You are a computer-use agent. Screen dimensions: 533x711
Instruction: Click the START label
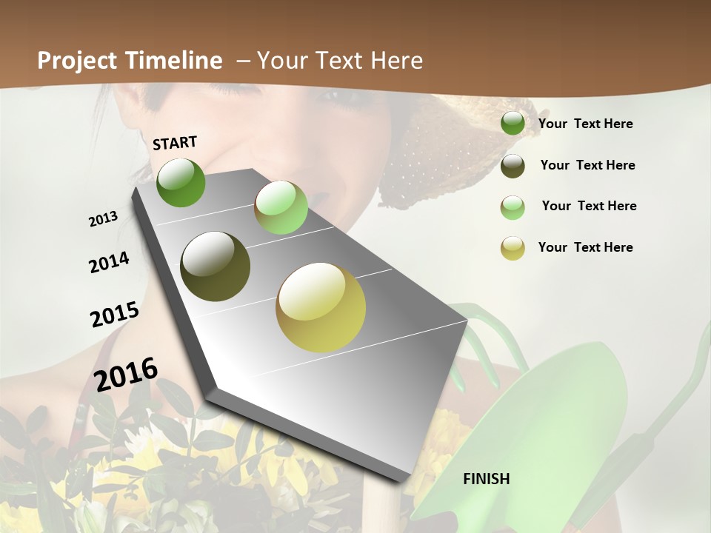pos(175,142)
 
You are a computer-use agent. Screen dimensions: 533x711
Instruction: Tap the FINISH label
pos(487,479)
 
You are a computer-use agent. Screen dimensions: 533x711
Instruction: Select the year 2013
pos(103,219)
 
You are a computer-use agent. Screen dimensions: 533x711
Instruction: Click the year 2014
pos(109,262)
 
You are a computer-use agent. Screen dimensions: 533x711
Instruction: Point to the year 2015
pos(115,314)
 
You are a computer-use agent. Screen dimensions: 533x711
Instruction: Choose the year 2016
pos(127,374)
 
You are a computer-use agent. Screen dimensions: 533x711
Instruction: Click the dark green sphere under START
pos(181,182)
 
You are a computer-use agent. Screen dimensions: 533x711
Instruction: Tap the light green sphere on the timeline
pos(281,207)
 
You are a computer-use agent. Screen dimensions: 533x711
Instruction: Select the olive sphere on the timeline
pos(216,266)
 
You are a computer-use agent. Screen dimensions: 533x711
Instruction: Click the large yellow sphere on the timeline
pos(321,307)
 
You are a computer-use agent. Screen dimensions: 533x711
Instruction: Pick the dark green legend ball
pos(513,124)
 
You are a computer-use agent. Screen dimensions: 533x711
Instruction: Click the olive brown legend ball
pos(513,166)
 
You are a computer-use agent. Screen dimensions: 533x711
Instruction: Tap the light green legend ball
pos(513,207)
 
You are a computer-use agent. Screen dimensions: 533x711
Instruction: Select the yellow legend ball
pos(513,248)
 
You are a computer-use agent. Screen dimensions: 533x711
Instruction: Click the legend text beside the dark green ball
pos(585,124)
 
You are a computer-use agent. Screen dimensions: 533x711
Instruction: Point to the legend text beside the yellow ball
pos(585,247)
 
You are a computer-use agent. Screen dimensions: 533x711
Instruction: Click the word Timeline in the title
pos(175,61)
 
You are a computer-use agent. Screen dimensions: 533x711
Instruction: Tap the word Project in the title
pos(79,61)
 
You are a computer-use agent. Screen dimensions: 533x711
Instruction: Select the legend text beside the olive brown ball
pos(587,165)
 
